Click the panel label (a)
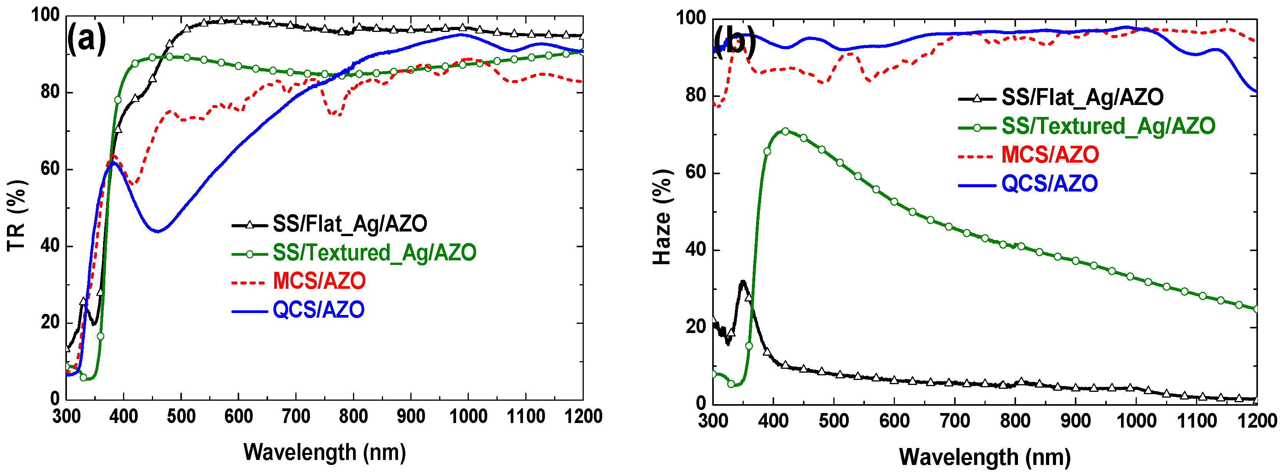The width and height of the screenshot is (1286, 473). (87, 39)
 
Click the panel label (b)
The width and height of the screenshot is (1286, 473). (734, 41)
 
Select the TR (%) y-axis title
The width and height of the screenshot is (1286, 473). (17, 216)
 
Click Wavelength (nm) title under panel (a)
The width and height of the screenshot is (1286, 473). (325, 452)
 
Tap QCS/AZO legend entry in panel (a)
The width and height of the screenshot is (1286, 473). (318, 310)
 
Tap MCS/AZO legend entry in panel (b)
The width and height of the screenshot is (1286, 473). (1049, 155)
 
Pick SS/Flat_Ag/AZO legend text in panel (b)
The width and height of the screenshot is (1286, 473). (1082, 97)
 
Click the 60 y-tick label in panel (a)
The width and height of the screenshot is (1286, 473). (50, 169)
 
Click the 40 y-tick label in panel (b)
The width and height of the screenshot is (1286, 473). (695, 250)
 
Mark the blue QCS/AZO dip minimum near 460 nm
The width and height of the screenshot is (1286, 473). (158, 231)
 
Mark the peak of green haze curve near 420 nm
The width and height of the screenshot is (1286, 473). (785, 131)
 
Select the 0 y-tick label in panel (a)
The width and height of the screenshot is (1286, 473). (55, 399)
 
